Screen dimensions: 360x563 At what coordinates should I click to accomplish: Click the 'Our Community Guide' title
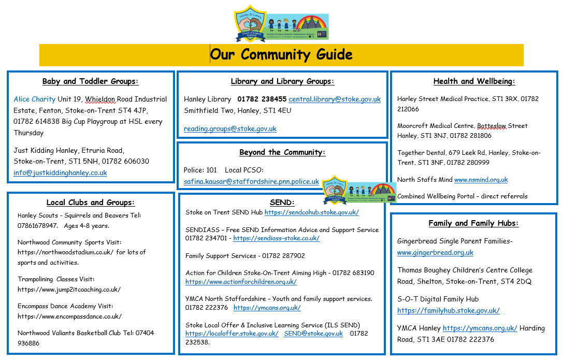pyautogui.click(x=281, y=54)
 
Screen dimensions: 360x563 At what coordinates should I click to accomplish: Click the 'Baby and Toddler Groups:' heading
pyautogui.click(x=90, y=81)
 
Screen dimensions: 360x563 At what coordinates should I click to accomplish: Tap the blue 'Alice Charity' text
pyautogui.click(x=34, y=99)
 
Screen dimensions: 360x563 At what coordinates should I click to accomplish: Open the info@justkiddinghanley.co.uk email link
pyautogui.click(x=60, y=173)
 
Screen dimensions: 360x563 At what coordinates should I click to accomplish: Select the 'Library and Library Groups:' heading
pyautogui.click(x=282, y=81)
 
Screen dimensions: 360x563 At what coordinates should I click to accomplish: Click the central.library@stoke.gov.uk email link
pyautogui.click(x=335, y=99)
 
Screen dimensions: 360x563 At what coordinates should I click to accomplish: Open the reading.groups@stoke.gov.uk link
pyautogui.click(x=230, y=128)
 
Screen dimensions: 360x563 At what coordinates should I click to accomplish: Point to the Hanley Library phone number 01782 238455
pyautogui.click(x=262, y=99)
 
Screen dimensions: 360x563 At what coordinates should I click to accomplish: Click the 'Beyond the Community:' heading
pyautogui.click(x=282, y=152)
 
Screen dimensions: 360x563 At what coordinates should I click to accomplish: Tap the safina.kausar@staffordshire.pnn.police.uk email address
pyautogui.click(x=251, y=181)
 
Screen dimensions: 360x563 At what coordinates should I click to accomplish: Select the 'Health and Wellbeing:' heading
pyautogui.click(x=474, y=81)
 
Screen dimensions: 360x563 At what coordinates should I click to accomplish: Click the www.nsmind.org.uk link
pyautogui.click(x=481, y=180)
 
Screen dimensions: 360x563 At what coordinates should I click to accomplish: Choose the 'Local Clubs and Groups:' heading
pyautogui.click(x=90, y=203)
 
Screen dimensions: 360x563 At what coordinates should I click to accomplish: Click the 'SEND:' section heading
pyautogui.click(x=282, y=203)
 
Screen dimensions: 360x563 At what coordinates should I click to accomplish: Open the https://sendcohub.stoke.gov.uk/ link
pyautogui.click(x=311, y=212)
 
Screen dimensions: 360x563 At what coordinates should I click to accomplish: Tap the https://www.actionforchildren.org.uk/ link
pyautogui.click(x=241, y=282)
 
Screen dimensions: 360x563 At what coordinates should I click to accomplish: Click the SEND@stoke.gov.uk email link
pyautogui.click(x=313, y=334)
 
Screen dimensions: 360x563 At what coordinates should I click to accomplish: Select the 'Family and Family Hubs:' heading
pyautogui.click(x=473, y=224)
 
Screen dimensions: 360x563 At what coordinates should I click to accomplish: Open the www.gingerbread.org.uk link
pyautogui.click(x=435, y=253)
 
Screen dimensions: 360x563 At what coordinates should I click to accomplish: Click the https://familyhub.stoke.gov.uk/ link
pyautogui.click(x=448, y=311)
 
